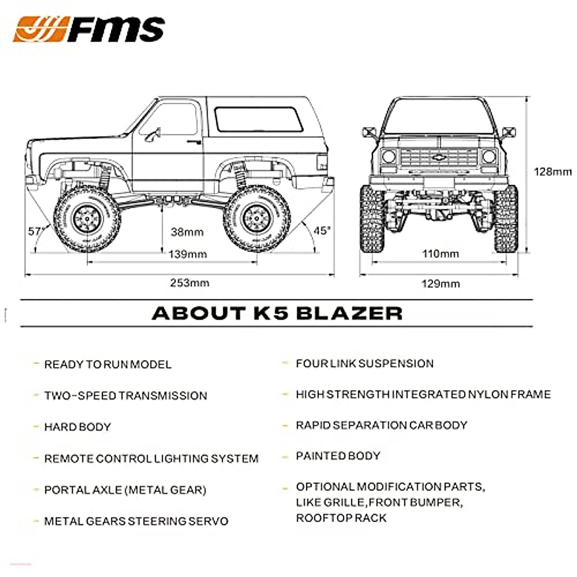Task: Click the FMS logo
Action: [x=89, y=29]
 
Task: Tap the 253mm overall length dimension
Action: [x=189, y=283]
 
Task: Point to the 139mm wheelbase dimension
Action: [x=188, y=254]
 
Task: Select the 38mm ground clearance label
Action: [x=187, y=232]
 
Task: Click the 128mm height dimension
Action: [x=553, y=172]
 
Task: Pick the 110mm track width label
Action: [x=440, y=253]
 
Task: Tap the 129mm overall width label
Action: [x=440, y=283]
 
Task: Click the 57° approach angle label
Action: [x=36, y=231]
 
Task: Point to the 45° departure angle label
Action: [x=322, y=230]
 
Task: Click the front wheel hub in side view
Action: [x=87, y=219]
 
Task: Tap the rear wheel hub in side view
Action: [x=256, y=218]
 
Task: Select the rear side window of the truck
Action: [x=259, y=119]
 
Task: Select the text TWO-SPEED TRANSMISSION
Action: [x=126, y=396]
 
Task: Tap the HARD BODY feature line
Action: [x=77, y=426]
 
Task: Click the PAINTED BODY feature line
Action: [x=338, y=456]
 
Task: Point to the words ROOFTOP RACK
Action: [x=341, y=518]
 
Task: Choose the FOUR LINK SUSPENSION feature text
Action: [x=364, y=364]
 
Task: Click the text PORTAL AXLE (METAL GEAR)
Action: [x=125, y=490]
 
